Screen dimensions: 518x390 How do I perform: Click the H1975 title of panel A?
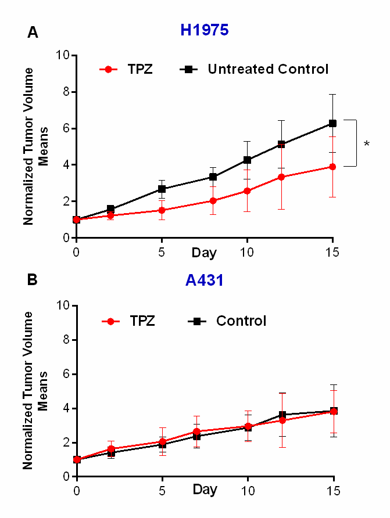(204, 31)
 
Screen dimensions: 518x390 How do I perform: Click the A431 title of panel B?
(205, 280)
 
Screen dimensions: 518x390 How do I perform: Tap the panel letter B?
(33, 280)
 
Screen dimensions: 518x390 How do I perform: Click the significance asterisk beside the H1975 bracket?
(367, 143)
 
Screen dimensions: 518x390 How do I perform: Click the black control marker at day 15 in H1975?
(332, 123)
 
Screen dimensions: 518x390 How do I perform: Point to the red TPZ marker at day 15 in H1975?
(332, 167)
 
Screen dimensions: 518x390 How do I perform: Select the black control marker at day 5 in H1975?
(162, 189)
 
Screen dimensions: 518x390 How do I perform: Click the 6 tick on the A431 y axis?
(65, 374)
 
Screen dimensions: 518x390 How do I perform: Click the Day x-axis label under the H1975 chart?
(205, 253)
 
